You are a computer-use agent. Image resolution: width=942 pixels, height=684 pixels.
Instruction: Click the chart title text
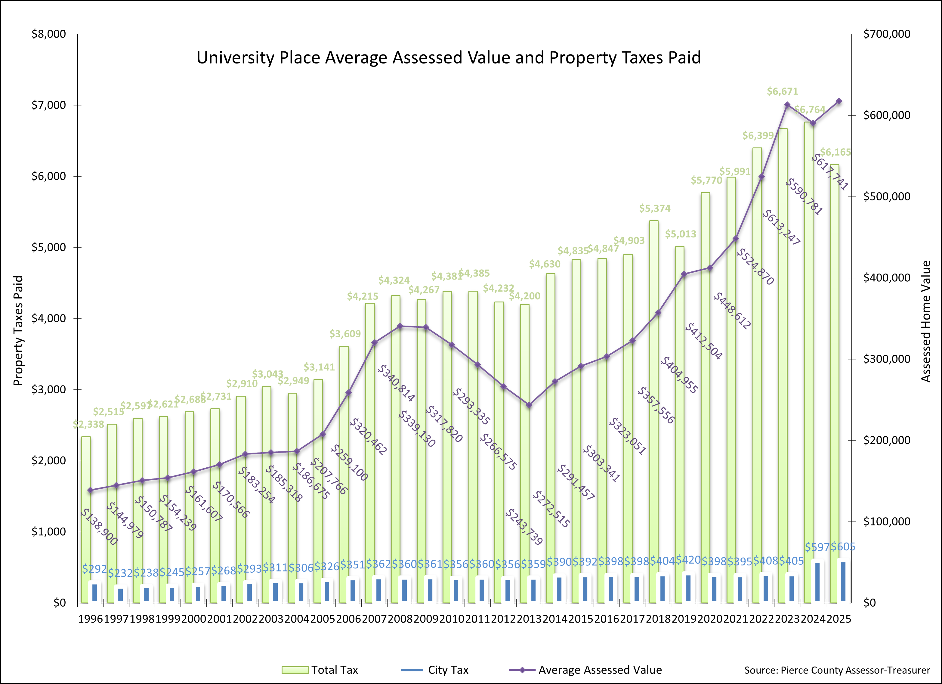click(448, 58)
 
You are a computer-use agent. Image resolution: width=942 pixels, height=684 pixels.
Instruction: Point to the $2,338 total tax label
click(88, 424)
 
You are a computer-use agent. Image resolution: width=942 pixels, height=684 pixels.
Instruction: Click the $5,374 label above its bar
click(655, 209)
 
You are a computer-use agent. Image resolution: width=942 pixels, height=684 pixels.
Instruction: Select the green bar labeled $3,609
click(344, 457)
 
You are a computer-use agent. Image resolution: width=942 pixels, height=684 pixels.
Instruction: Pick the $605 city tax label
click(843, 547)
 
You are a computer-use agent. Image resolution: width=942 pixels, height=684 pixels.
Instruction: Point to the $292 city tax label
click(94, 569)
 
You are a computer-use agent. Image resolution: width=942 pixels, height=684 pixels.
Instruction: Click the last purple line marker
click(839, 101)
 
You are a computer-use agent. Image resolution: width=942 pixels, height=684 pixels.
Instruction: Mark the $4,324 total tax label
click(394, 280)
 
